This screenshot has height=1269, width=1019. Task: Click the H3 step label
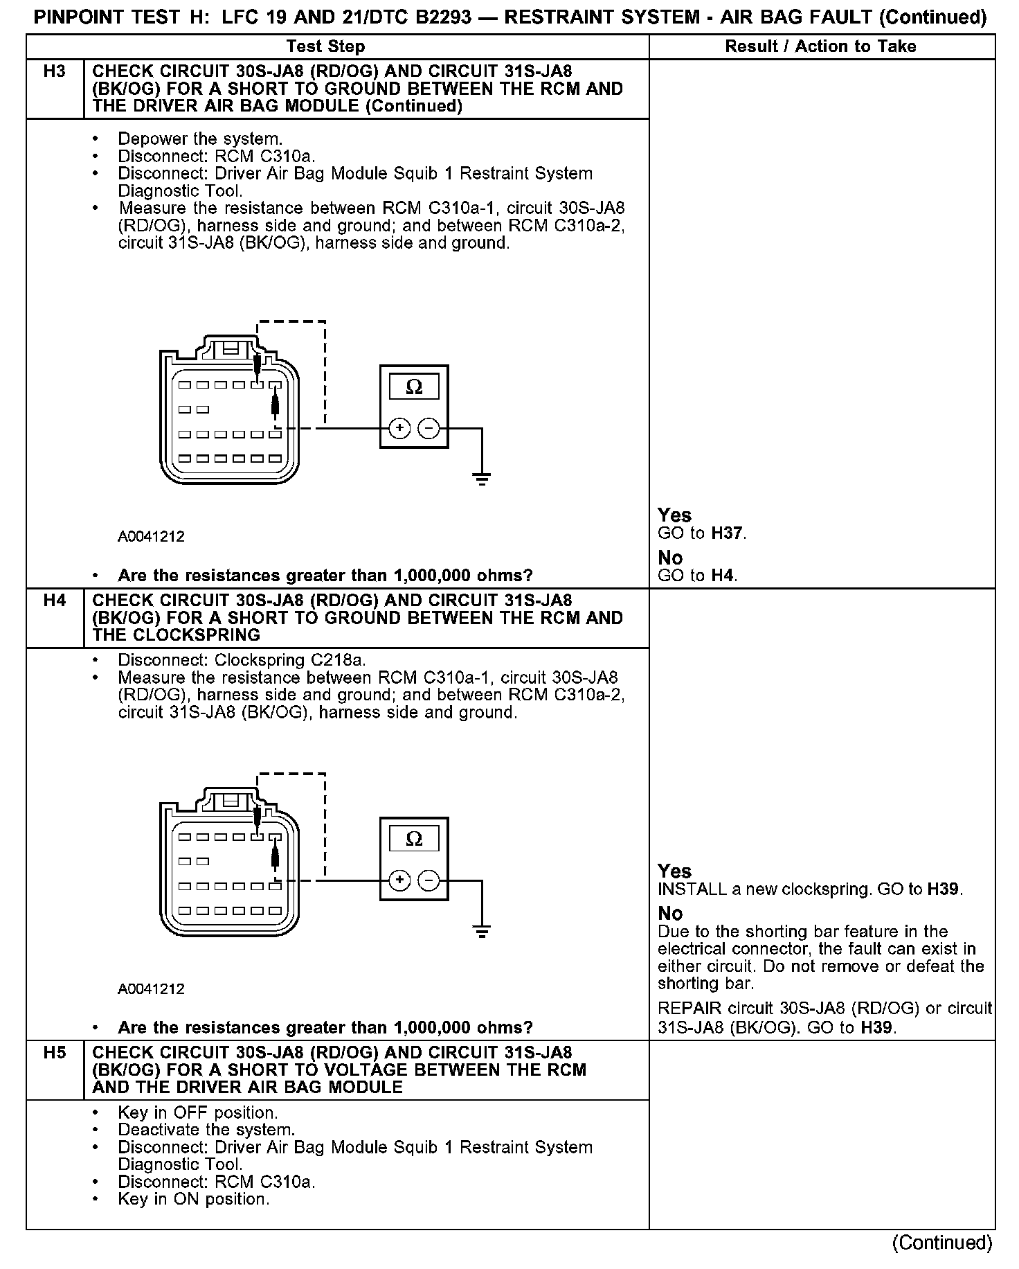coord(54,71)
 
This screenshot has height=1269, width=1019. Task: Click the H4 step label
coord(54,601)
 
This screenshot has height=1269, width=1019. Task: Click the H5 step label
coord(54,1053)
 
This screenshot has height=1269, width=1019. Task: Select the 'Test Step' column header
coord(325,46)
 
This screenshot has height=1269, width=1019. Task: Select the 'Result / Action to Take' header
coord(820,46)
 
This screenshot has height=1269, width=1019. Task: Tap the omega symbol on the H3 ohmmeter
coord(414,387)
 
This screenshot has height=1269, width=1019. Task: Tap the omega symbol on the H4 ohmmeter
coord(414,839)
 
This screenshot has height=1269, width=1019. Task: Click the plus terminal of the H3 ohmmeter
coord(399,429)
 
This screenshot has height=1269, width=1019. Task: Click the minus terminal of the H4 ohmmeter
coord(429,880)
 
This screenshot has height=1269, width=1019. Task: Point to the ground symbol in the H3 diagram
coord(482,478)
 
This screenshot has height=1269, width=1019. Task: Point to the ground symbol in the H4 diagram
coord(482,930)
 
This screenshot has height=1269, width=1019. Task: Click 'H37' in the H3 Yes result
coord(728,533)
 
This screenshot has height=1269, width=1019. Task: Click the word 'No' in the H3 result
coord(670,558)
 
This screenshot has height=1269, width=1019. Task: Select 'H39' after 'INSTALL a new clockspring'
coord(944,889)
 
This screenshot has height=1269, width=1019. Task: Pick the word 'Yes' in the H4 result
coord(674,871)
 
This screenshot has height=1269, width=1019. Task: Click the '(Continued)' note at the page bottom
coord(942,1242)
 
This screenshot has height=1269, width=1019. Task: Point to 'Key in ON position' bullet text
coord(193,1199)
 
